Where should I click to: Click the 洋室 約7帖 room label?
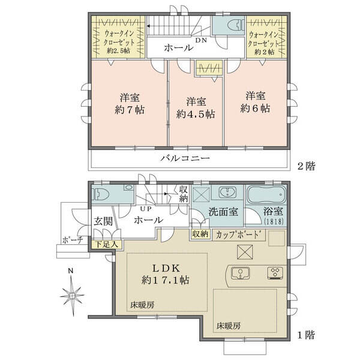pyautogui.click(x=130, y=104)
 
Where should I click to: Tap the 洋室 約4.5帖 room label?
pyautogui.click(x=196, y=107)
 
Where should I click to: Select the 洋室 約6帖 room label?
pyautogui.click(x=256, y=102)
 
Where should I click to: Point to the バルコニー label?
pyautogui.click(x=185, y=158)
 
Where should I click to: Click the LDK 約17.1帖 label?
pyautogui.click(x=166, y=274)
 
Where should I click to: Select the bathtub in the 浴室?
pyautogui.click(x=266, y=194)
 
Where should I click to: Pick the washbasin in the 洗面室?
pyautogui.click(x=227, y=192)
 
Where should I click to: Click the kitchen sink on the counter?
pyautogui.click(x=241, y=274)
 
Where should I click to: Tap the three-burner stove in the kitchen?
pyautogui.click(x=275, y=273)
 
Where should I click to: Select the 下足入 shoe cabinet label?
pyautogui.click(x=107, y=244)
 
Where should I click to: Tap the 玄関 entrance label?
pyautogui.click(x=103, y=221)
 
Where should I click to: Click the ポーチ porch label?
pyautogui.click(x=73, y=241)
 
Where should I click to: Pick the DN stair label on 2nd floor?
pyautogui.click(x=201, y=40)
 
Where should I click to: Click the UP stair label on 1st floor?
pyautogui.click(x=146, y=209)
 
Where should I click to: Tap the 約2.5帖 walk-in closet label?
pyautogui.click(x=118, y=50)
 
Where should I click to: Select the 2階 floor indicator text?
pyautogui.click(x=307, y=166)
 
